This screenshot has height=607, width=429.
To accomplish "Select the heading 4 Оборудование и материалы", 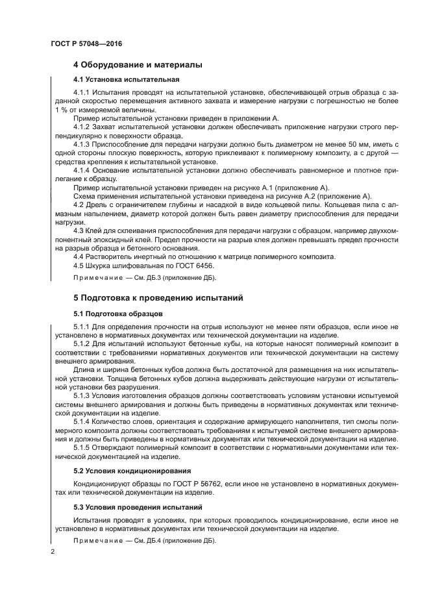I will (138, 65).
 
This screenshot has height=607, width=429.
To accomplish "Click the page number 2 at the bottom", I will (53, 552).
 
